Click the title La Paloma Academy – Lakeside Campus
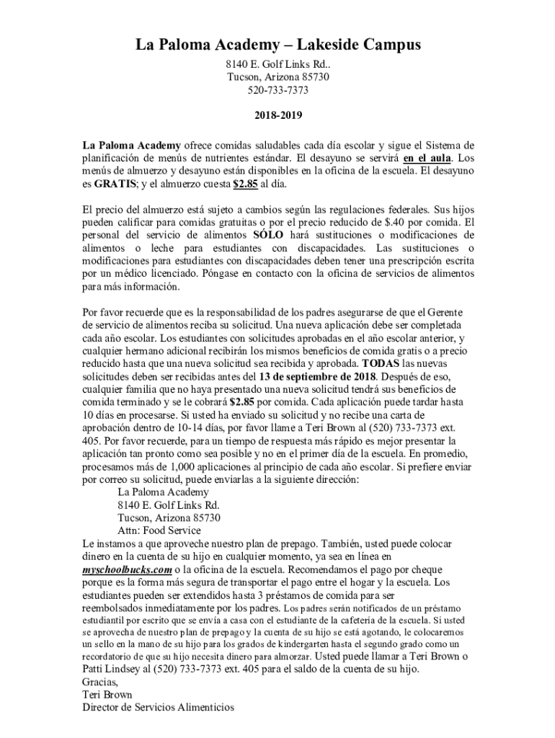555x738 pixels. [278, 46]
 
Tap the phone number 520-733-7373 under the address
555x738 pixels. [278, 90]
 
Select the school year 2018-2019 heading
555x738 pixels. [277, 115]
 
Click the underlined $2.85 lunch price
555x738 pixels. [245, 184]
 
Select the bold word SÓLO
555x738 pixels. [268, 236]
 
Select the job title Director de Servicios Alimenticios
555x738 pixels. [159, 707]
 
